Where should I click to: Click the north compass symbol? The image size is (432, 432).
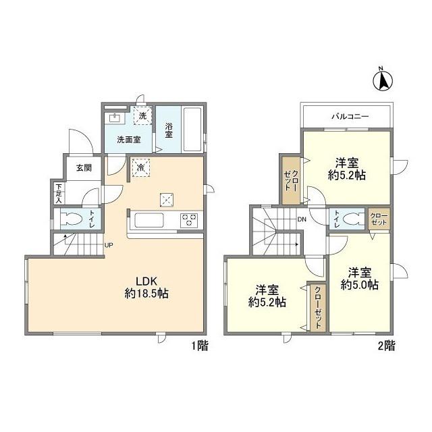pos(383,80)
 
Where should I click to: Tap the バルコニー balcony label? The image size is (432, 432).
pos(350,116)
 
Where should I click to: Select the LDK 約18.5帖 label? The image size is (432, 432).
pos(146,288)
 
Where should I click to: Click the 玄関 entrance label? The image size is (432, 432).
pos(84,167)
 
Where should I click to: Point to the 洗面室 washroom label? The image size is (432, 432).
pos(129,140)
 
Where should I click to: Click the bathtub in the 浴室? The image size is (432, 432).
pos(192,129)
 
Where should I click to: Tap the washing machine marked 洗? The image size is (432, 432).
pos(142,115)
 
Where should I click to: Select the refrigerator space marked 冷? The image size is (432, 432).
pos(140,167)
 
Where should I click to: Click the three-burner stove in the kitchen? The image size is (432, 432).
pos(189,220)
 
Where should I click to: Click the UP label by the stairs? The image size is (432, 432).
pos(109,245)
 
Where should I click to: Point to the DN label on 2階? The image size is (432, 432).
pos(302,219)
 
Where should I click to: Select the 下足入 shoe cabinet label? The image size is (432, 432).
pos(59,194)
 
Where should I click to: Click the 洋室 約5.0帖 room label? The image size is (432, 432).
pos(360,279)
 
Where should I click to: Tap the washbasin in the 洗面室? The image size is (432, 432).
pos(114,118)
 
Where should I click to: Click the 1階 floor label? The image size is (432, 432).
pos(200,346)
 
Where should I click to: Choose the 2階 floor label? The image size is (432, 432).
pos(386,346)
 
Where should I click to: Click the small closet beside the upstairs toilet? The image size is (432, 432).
pos(379,219)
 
